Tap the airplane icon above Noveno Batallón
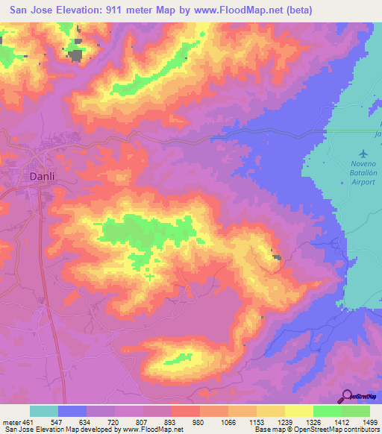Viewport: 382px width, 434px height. [x=363, y=154]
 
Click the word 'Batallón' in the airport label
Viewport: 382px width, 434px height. [x=364, y=173]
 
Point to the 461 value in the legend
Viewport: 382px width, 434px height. [x=27, y=421]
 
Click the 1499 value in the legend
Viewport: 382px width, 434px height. [x=361, y=421]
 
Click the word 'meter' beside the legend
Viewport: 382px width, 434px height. [x=10, y=421]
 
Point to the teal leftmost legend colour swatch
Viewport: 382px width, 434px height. [x=44, y=411]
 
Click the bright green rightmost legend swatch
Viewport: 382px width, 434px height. [x=356, y=411]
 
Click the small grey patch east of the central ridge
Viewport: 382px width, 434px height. [x=278, y=258]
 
